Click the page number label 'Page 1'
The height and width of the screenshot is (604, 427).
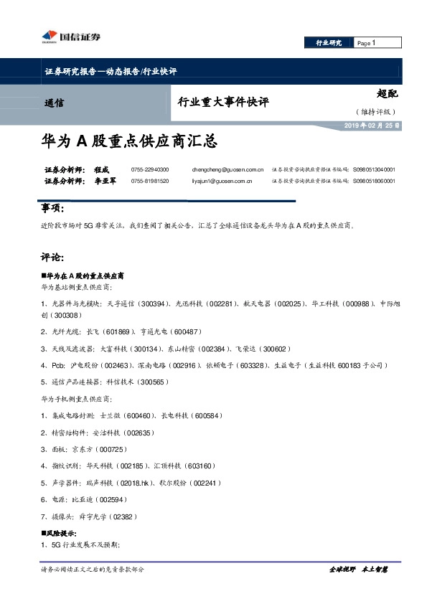point(367,43)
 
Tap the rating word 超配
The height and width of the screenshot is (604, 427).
point(386,94)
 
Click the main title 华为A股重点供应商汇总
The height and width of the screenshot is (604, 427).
point(129,142)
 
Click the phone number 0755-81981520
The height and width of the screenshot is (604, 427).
point(150,181)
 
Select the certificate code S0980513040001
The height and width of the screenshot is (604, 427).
point(374,169)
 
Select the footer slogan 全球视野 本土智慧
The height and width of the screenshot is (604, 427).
point(358,570)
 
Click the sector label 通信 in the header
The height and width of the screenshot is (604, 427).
point(54,103)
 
